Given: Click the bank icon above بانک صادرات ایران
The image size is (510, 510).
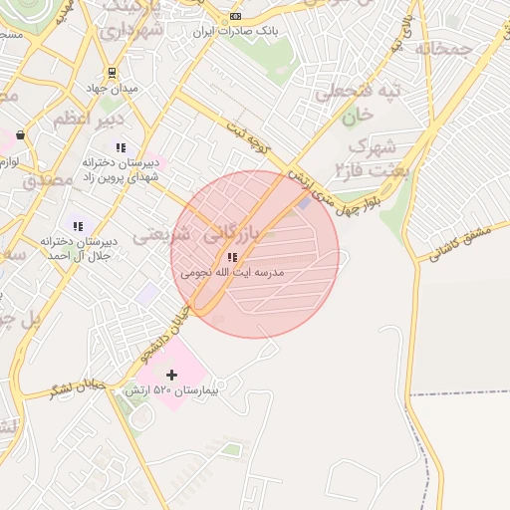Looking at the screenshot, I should pos(235,16).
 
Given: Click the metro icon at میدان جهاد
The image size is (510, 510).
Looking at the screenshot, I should pos(111,72).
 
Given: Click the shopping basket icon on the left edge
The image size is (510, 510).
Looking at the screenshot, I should pos(20,134).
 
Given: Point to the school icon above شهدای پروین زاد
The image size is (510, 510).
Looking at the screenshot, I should pos(121,147).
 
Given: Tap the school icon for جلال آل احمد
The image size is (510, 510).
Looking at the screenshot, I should pos(78,226).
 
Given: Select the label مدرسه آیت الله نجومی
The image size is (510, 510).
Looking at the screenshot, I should pos(232,271).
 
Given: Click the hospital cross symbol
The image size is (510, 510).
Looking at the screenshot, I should pos(171,375).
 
